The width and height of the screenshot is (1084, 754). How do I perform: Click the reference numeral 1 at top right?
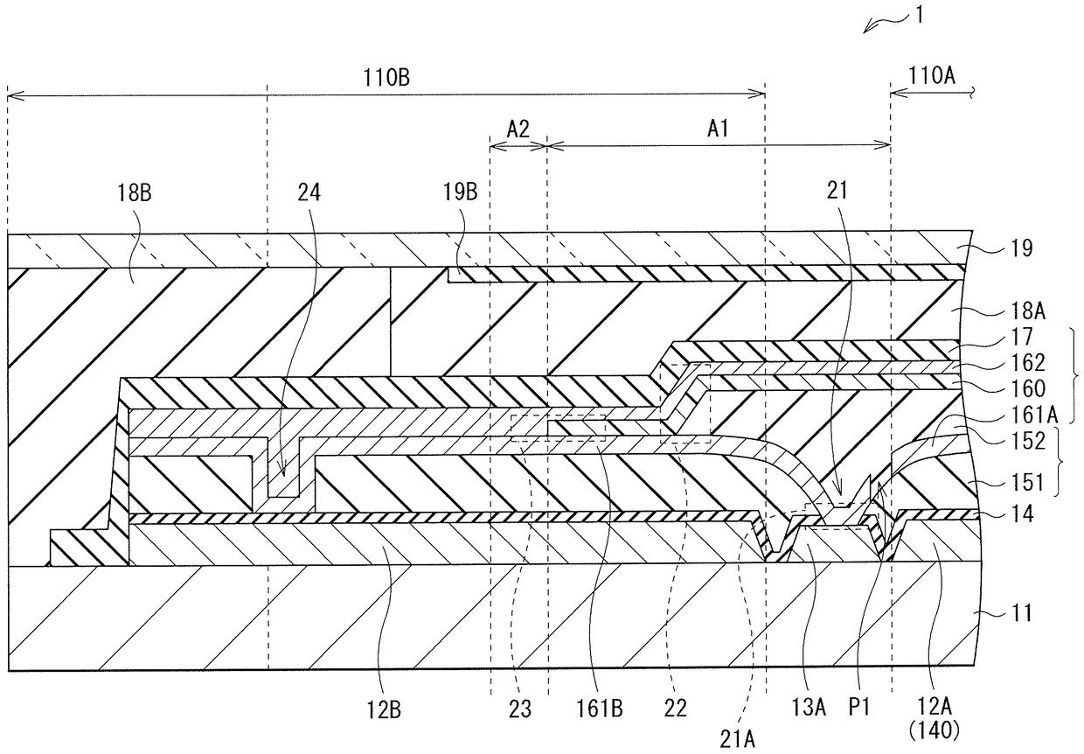click(920, 15)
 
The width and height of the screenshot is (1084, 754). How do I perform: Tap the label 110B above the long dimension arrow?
click(386, 78)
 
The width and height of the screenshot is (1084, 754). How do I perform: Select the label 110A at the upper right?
click(932, 75)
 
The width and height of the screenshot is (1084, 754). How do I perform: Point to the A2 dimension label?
click(518, 129)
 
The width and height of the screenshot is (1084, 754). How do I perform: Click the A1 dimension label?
click(719, 129)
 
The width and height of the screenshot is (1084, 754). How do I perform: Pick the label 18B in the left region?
click(134, 192)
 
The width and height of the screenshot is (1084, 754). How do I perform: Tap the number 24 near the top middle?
click(309, 192)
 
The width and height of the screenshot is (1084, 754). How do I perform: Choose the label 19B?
click(460, 192)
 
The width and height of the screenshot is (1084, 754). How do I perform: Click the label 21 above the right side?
click(837, 191)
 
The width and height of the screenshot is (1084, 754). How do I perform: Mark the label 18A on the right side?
click(1028, 311)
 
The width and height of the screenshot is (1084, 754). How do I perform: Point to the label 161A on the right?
click(1034, 415)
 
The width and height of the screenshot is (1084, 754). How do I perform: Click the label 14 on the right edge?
click(1023, 513)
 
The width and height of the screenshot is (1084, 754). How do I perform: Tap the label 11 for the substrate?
click(1023, 613)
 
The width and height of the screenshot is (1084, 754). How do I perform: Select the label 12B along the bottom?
click(384, 710)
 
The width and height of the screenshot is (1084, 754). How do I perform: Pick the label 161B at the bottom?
click(599, 709)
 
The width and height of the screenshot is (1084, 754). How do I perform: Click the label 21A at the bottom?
click(737, 739)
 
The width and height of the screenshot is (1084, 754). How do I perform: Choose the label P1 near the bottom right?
click(859, 708)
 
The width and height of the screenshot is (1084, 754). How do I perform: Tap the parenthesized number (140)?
click(934, 730)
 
